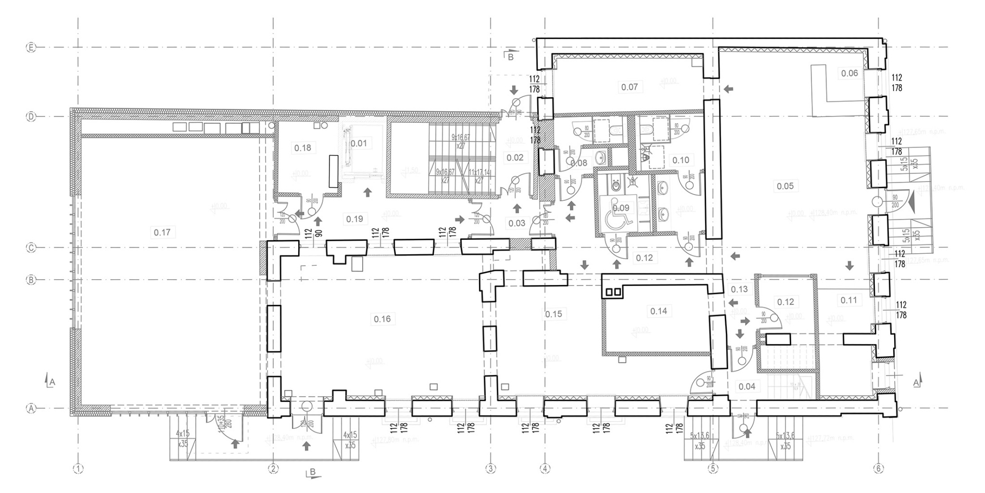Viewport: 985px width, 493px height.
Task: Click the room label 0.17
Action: pos(162,232)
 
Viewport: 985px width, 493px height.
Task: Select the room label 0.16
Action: pos(382,319)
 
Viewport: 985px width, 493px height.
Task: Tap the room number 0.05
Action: pos(785,186)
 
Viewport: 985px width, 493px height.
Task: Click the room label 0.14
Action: pos(659,311)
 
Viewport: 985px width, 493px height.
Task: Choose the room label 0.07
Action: pos(629,87)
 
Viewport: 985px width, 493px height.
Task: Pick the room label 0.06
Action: pos(849,74)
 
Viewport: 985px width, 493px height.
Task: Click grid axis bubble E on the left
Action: pos(31,48)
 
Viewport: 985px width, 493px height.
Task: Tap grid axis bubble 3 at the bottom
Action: pos(490,469)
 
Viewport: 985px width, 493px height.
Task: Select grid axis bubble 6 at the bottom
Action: pos(878,469)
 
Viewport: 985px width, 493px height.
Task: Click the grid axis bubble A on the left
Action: pos(31,408)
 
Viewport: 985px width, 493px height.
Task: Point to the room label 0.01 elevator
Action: pos(359,143)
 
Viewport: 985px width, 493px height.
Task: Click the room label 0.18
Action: pos(303,147)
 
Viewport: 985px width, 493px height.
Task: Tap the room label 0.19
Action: pos(354,219)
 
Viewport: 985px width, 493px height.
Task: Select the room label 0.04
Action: pos(747,386)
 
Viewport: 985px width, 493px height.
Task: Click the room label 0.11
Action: pos(848,300)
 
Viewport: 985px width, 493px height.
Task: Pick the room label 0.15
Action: pos(553,314)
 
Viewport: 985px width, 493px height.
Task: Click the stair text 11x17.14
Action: pos(479,172)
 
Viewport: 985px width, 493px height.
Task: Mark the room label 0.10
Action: pos(681,160)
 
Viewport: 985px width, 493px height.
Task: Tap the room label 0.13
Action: pos(739,290)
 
